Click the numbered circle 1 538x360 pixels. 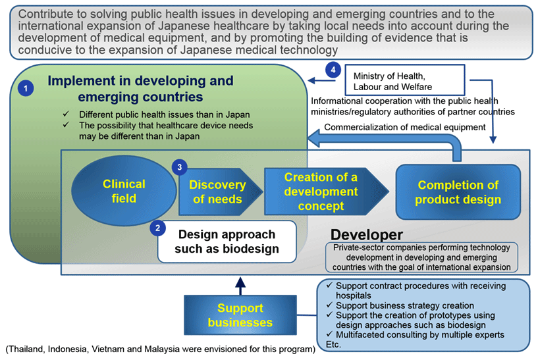coord(26,88)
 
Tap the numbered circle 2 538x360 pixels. coord(158,228)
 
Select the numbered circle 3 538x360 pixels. coord(180,167)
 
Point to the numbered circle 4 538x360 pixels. coord(333,70)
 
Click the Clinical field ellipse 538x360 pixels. coord(124,191)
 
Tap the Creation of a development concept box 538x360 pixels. coord(327,192)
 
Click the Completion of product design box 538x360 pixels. coord(458,192)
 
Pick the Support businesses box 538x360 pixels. coord(240,315)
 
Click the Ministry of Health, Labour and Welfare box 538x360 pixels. coord(405,80)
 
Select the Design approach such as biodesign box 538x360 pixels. coord(227,242)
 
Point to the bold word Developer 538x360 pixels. coord(366,235)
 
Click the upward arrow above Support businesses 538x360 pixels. coord(240,286)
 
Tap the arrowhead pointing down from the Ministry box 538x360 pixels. coord(493,140)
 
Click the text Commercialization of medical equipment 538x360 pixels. coord(405,127)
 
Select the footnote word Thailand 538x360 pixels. coord(26,349)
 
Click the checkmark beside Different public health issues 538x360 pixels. coord(66,113)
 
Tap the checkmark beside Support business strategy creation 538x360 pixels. coord(329,305)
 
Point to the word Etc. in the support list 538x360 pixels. coord(333,345)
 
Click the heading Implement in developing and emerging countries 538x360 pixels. coord(140,89)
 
